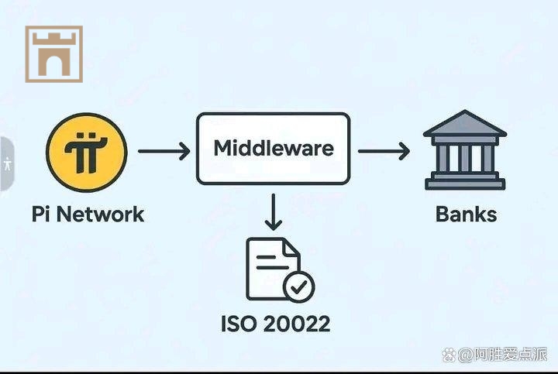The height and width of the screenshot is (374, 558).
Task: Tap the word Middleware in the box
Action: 273,148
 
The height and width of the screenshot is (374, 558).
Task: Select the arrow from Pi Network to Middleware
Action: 164,150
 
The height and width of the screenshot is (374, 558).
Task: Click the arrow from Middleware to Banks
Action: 384,150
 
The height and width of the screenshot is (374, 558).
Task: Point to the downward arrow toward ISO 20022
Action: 273,212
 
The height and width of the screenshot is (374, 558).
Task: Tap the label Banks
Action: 466,214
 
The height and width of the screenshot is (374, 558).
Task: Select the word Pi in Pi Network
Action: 41,214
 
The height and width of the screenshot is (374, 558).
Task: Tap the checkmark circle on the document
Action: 298,287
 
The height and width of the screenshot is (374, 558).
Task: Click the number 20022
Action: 294,323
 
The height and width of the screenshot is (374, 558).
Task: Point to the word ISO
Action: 239,323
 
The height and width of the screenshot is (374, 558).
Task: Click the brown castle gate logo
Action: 53,53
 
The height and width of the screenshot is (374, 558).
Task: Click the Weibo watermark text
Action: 503,355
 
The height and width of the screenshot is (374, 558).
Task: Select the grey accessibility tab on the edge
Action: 7,164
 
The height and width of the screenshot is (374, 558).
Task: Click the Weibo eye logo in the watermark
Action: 449,355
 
